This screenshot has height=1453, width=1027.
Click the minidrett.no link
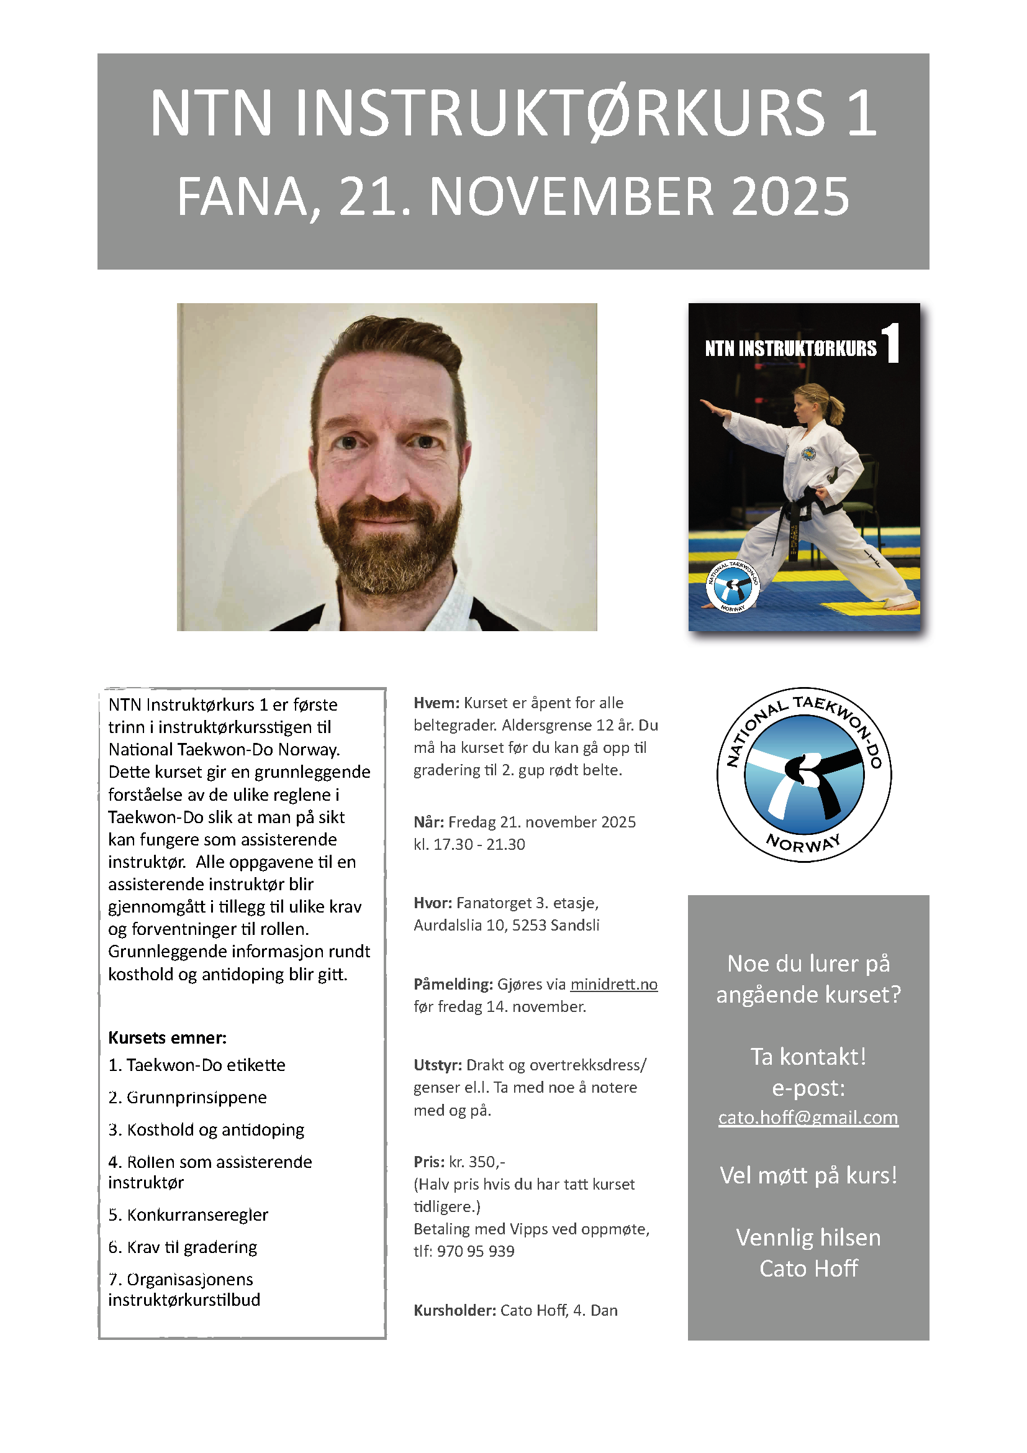pos(613,985)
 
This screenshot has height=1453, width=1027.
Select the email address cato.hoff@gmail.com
pos(808,1118)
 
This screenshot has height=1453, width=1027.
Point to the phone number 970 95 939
pos(475,1252)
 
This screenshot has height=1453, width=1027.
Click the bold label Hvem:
pos(436,703)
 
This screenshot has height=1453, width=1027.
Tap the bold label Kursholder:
pos(454,1311)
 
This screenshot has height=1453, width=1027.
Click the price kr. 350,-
pos(477,1162)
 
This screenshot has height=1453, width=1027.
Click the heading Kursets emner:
pos(167,1038)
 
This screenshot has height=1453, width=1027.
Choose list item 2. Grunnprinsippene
pos(187,1097)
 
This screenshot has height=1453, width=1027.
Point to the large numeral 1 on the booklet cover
pos(891,343)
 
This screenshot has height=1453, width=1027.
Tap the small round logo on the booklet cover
pos(732,586)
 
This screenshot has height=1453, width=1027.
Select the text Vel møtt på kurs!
pos(808,1176)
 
